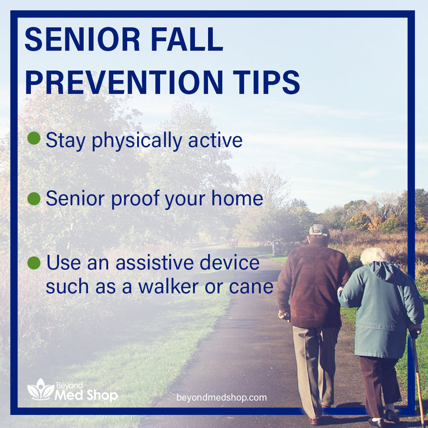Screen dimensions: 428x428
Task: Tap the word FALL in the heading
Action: (189, 40)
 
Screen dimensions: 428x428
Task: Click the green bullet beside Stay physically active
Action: (34, 138)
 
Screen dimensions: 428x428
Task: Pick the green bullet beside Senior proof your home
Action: (34, 199)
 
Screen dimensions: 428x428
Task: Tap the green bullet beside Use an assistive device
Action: (34, 263)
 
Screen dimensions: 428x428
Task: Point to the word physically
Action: (137, 141)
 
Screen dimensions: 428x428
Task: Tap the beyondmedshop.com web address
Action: (222, 397)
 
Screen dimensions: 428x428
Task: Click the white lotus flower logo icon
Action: (40, 390)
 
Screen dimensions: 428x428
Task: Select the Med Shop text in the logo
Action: (86, 395)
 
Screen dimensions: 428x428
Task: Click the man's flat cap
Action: (318, 230)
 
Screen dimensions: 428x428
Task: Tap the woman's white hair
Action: (373, 255)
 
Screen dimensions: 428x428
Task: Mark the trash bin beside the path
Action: (277, 247)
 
